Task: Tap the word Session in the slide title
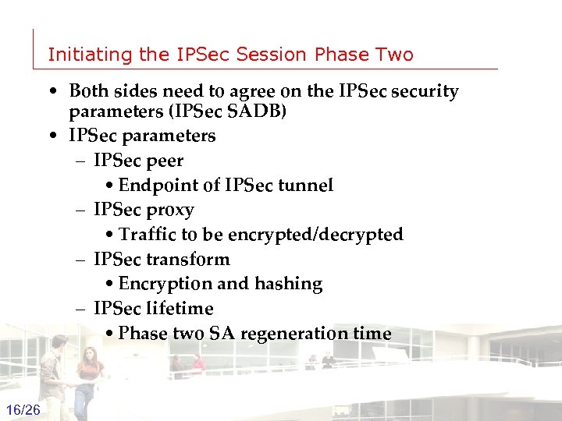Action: [272, 55]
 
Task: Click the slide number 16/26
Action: [23, 410]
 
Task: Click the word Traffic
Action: [148, 235]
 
